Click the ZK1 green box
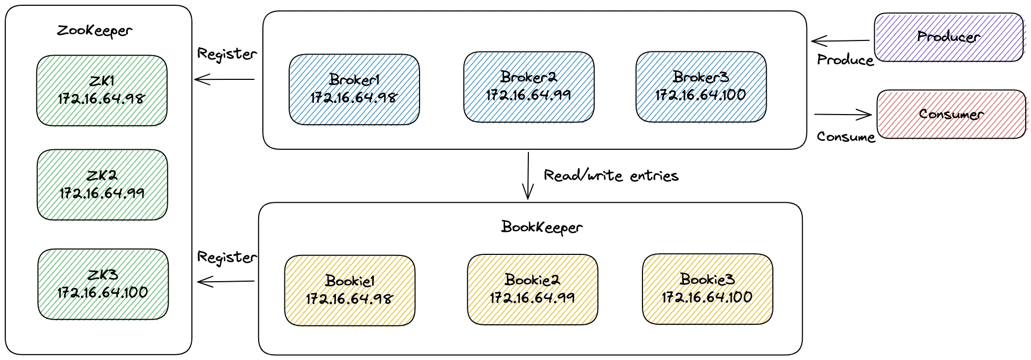click(101, 90)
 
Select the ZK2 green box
click(102, 184)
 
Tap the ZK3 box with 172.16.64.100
click(103, 284)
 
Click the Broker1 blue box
click(354, 89)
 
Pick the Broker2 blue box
click(528, 87)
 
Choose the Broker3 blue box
click(700, 87)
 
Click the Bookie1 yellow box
click(350, 290)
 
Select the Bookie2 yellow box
click(532, 289)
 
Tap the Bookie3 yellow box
click(707, 289)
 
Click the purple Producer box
click(948, 37)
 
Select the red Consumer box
click(951, 114)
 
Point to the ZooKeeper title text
click(95, 30)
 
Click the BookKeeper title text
click(542, 227)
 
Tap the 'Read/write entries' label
click(611, 176)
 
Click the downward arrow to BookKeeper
click(528, 176)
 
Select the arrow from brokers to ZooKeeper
click(224, 79)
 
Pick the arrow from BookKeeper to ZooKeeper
click(226, 282)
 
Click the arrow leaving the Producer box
click(840, 40)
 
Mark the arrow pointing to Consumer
click(843, 114)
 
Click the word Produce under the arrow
click(845, 60)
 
